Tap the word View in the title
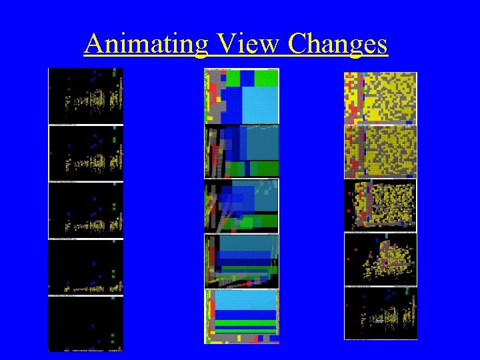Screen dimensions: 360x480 [236, 44]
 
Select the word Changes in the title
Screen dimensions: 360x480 [337, 44]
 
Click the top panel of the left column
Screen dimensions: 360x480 [85, 96]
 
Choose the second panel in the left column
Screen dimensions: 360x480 [85, 153]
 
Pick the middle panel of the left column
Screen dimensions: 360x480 [85, 210]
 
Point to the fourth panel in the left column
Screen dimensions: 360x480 [85, 267]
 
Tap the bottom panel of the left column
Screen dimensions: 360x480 [85, 323]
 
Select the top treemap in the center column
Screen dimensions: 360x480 [241, 96]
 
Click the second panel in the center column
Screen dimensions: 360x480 [241, 151]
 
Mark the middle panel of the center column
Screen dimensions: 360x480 [241, 206]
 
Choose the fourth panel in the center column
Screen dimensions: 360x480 [241, 261]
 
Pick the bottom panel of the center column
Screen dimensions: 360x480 [241, 317]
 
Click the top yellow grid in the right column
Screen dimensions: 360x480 [380, 97]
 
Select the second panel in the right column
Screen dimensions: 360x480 [380, 152]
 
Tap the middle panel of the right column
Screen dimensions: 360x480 [380, 205]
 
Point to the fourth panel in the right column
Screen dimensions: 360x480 [380, 259]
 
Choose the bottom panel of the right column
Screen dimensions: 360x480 [380, 313]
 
